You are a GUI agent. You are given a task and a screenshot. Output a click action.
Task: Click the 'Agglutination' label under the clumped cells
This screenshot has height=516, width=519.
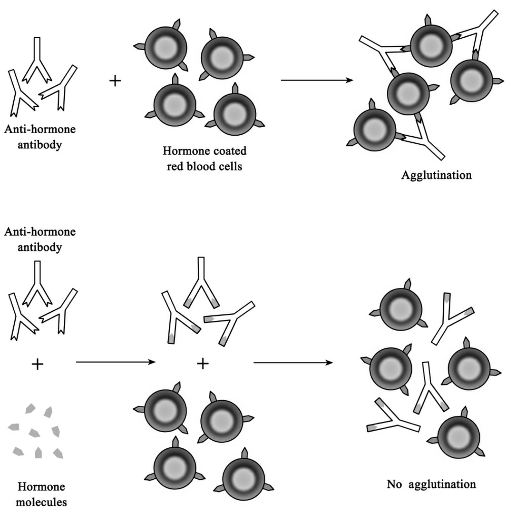(436, 175)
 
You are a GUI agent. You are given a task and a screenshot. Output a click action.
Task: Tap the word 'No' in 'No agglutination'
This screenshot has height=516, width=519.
(394, 484)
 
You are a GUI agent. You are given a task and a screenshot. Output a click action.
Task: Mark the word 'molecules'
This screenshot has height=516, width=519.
(41, 502)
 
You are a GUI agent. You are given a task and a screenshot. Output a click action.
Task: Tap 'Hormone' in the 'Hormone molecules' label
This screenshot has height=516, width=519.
(41, 487)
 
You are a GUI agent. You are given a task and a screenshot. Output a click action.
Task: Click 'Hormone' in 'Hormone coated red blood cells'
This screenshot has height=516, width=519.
(185, 151)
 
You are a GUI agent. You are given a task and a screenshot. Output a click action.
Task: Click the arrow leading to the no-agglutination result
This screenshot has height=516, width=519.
(293, 363)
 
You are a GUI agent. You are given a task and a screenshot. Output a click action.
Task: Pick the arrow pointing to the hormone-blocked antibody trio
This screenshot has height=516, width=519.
(115, 362)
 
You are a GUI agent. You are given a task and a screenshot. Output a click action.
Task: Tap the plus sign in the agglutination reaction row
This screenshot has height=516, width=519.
(115, 81)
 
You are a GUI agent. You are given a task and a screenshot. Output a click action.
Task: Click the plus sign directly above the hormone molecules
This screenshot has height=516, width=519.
(37, 364)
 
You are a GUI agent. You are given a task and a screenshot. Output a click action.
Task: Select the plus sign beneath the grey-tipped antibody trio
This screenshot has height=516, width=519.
(203, 364)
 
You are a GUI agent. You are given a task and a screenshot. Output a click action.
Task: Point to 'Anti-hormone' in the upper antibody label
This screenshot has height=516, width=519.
(40, 129)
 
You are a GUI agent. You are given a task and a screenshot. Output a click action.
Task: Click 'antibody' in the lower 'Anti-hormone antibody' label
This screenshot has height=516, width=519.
(40, 248)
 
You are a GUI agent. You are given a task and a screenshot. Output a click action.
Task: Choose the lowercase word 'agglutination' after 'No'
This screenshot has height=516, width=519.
(442, 484)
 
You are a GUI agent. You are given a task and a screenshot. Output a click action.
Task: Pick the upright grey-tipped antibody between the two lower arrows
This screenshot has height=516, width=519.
(201, 282)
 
